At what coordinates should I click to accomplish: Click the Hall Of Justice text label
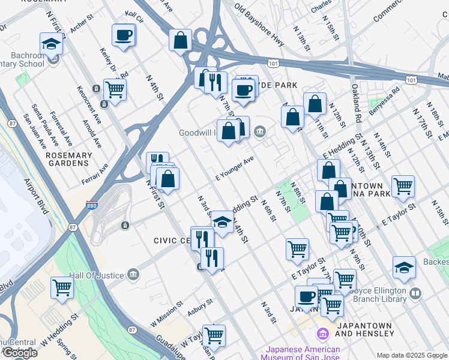[96, 275]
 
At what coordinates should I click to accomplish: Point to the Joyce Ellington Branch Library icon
[416, 294]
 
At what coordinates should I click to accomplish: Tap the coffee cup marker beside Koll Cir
[124, 35]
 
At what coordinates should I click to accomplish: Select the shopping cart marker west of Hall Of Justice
[62, 287]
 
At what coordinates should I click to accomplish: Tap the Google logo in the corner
[20, 353]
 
